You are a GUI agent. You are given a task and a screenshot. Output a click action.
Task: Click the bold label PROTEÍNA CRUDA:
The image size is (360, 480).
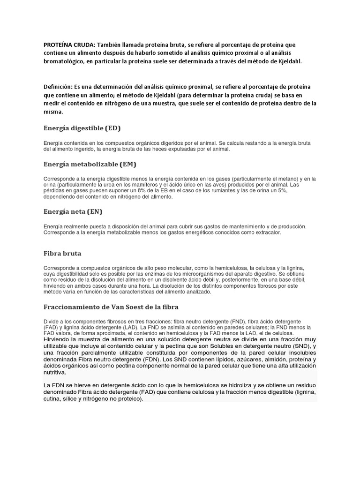point(70,44)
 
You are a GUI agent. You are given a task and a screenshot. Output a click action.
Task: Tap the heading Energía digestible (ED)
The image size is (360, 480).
point(85,128)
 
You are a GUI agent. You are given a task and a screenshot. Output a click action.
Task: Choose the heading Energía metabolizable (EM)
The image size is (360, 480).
point(90,164)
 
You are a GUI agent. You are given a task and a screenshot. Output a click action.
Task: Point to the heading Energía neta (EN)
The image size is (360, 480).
point(73,212)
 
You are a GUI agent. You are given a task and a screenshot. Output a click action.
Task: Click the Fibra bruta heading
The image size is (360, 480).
point(62,254)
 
